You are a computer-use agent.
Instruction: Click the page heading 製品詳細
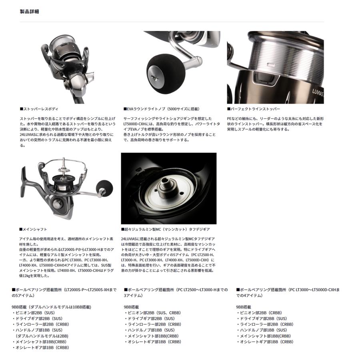[29, 12]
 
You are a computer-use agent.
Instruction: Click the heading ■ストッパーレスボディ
[39, 109]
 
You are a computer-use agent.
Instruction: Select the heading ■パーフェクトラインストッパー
[254, 109]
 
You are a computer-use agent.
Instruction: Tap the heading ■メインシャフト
[33, 229]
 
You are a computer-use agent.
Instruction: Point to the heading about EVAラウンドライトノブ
[162, 109]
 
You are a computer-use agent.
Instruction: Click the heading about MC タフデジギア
[165, 229]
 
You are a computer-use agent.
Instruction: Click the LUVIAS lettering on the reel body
[318, 92]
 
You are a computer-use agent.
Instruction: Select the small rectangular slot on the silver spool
[271, 65]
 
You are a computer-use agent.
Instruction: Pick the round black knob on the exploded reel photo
[105, 188]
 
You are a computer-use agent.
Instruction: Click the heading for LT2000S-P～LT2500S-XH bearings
[64, 292]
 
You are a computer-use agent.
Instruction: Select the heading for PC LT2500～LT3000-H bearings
[176, 292]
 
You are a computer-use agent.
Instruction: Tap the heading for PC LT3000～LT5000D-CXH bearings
[288, 292]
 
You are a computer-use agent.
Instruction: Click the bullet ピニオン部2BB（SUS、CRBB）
[153, 313]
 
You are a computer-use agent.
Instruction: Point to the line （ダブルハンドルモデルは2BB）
[42, 336]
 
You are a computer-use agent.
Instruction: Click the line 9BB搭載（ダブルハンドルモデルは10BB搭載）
[52, 307]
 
